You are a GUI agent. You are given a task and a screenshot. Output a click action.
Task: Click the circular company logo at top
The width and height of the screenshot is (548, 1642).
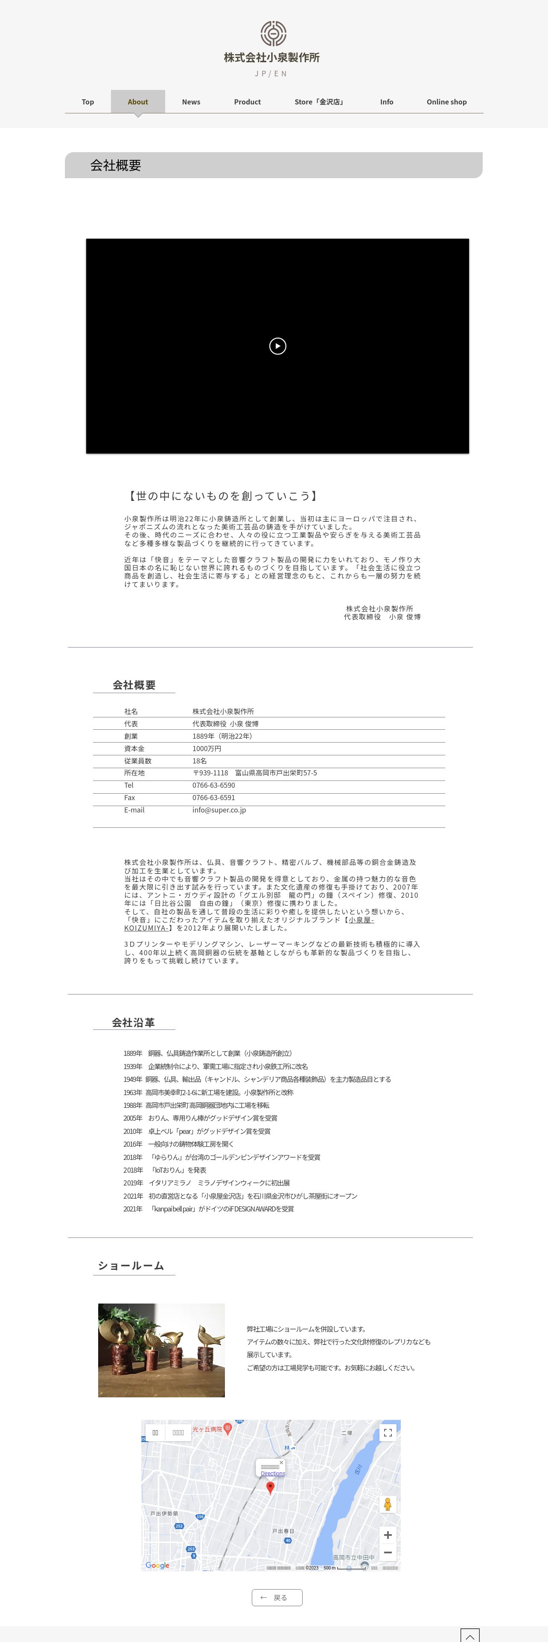[x=273, y=33]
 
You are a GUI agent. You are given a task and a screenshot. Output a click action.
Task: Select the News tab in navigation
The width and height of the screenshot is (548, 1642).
[x=191, y=102]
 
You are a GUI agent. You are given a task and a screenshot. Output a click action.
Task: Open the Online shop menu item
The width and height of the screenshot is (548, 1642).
[x=446, y=102]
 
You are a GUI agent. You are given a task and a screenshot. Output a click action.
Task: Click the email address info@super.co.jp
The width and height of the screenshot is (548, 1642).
[x=219, y=810]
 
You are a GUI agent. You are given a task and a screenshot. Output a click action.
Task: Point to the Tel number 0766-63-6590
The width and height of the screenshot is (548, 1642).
[x=214, y=785]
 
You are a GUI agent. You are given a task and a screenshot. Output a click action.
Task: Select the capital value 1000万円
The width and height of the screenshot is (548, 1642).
[x=207, y=749]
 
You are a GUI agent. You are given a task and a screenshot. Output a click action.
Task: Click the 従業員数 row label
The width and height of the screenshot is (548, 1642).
[x=138, y=761]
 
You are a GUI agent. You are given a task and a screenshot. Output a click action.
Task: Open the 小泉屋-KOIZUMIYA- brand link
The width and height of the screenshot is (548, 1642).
[x=361, y=920]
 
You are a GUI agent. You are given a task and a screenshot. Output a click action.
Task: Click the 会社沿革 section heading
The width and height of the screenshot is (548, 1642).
[x=133, y=1023]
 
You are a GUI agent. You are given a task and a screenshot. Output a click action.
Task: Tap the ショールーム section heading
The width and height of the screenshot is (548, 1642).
[x=131, y=1265]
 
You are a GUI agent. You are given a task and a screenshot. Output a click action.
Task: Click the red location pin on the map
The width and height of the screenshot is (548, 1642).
[x=270, y=1487]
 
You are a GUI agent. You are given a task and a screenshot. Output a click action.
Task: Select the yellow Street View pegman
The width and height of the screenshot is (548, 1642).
[x=387, y=1504]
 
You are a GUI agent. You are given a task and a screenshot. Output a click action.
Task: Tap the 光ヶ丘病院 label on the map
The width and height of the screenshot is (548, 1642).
[x=207, y=1430]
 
